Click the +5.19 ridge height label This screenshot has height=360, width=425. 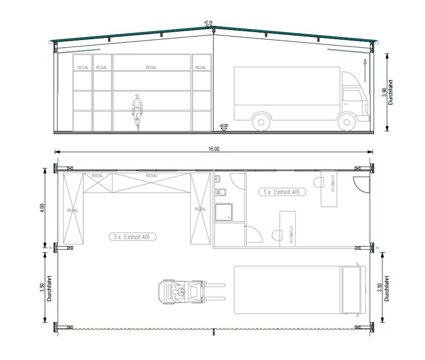coord(208,22)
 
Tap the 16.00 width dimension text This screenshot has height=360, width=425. coord(213,149)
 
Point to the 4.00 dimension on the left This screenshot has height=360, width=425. coord(42,208)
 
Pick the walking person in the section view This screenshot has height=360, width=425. coord(137,112)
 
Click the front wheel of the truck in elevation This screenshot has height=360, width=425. coord(346,122)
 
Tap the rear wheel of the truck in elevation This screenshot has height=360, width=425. coord(261,122)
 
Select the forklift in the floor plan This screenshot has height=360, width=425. coord(192,292)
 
